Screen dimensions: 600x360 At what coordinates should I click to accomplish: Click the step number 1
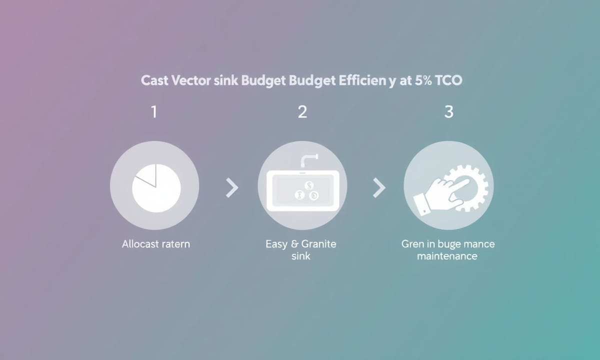click(x=154, y=111)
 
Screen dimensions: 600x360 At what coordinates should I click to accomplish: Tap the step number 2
click(x=302, y=111)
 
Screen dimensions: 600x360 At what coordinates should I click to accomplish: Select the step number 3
click(x=449, y=111)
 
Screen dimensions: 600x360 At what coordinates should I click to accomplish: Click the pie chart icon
click(x=156, y=188)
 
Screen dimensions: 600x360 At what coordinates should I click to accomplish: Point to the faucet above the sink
click(x=309, y=160)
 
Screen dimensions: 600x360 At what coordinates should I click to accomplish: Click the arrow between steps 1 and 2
click(x=232, y=188)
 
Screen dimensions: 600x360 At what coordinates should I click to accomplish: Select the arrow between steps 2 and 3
click(x=379, y=188)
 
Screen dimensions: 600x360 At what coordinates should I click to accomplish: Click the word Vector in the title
click(x=190, y=80)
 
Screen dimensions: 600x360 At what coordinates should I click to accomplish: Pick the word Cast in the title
click(x=154, y=80)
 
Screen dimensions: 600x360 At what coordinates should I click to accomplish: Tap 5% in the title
click(x=423, y=80)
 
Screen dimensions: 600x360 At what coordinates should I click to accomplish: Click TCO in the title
click(x=448, y=80)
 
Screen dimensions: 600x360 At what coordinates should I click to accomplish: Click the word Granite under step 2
click(x=318, y=244)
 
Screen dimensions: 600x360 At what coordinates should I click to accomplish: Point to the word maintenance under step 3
click(x=447, y=256)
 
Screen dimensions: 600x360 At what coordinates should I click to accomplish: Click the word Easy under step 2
click(x=276, y=244)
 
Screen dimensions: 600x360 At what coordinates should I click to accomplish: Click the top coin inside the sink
click(x=309, y=185)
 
